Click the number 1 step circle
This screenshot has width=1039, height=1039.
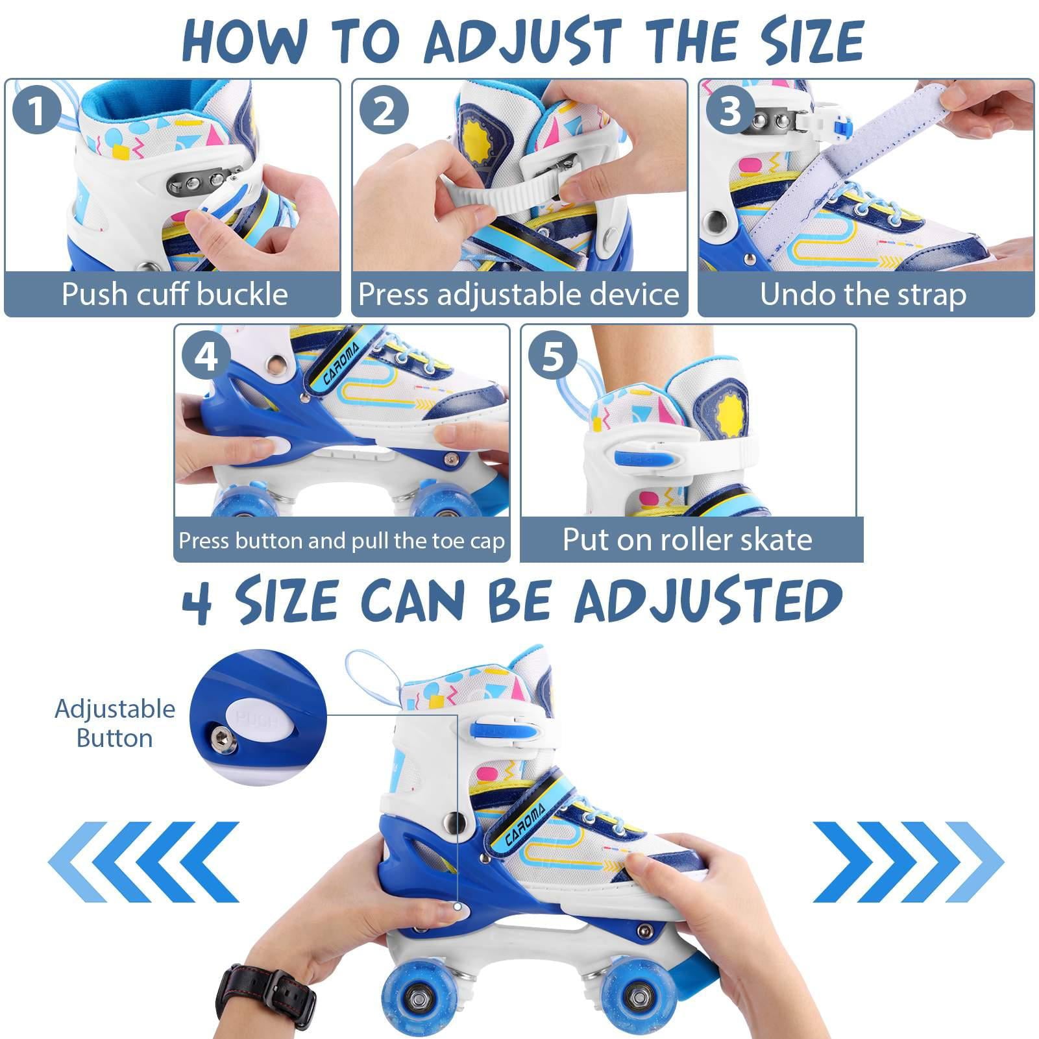(x=37, y=110)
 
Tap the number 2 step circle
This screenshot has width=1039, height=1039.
(x=384, y=110)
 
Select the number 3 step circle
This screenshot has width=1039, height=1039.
(x=730, y=110)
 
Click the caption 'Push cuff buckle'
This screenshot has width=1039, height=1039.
(x=174, y=294)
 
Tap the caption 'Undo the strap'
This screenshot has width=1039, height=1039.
(x=863, y=294)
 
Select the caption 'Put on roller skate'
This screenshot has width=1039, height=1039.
(x=687, y=539)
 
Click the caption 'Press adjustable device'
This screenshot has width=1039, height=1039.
(x=519, y=294)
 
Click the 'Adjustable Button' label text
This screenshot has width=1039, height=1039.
(x=114, y=723)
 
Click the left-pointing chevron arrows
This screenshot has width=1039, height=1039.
(x=144, y=861)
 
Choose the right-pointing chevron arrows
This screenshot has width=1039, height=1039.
(x=907, y=861)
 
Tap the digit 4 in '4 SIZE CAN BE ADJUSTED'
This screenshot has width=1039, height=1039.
(x=197, y=601)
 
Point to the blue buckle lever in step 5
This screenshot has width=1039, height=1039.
(x=647, y=459)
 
